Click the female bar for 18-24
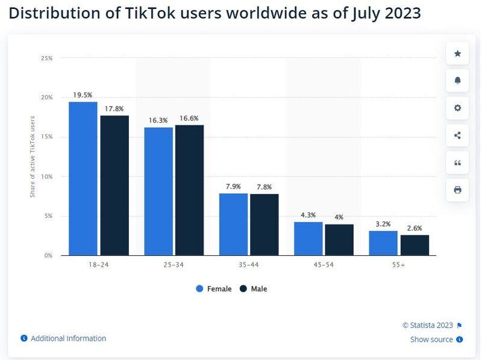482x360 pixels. click(x=83, y=179)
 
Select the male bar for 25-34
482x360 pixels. click(x=189, y=190)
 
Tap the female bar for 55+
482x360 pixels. click(x=383, y=243)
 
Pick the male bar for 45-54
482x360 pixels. click(x=339, y=240)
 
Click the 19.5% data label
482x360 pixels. click(x=83, y=95)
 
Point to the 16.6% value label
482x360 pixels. click(x=189, y=119)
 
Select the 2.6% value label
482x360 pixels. click(x=415, y=228)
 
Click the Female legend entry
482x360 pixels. click(x=214, y=289)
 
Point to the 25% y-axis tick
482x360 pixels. click(x=46, y=58)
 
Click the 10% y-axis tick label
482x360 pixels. click(x=46, y=176)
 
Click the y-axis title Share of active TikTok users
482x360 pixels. click(x=33, y=156)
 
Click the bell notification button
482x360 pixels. click(x=457, y=81)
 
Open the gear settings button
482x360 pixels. click(x=457, y=108)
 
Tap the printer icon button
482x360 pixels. click(x=457, y=190)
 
